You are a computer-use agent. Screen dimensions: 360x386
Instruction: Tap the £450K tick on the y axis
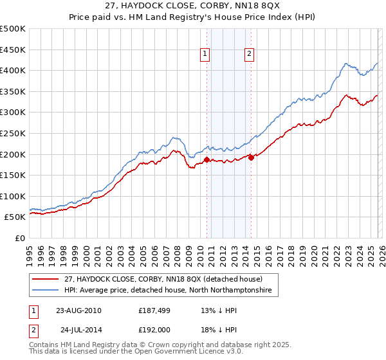point(13,50)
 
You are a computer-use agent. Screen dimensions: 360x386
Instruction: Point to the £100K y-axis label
point(13,196)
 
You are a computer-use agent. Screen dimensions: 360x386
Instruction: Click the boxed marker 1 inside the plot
point(205,55)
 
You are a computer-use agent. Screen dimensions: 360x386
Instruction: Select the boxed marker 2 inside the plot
point(249,55)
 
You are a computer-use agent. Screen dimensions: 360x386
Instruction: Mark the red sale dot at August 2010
point(207,159)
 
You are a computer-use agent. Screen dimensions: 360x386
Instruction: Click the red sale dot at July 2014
point(251,157)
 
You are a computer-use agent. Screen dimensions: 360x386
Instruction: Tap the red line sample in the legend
point(46,280)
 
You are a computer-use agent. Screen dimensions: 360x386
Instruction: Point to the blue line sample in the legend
point(46,291)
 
